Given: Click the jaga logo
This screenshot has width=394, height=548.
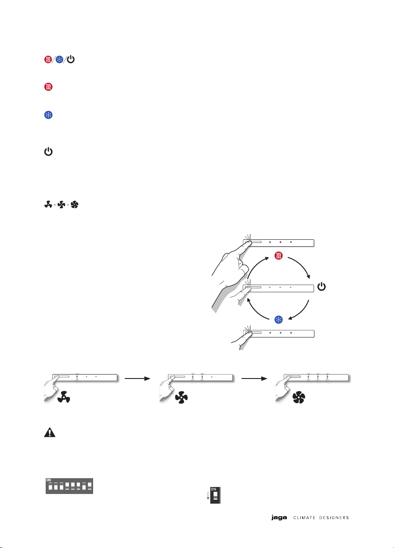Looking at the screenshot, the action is tap(279, 518).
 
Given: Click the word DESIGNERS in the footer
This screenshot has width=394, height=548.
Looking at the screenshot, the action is tap(334, 518).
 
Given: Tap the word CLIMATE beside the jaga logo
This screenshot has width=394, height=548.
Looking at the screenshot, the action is tap(304, 518).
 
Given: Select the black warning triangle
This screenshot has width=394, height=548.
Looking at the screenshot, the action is tap(50, 432).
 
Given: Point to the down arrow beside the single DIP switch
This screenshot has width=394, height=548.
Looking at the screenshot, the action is tap(208, 496).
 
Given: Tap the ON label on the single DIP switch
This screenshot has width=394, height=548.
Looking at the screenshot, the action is tap(213, 489).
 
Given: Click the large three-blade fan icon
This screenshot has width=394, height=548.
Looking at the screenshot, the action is tap(64, 397).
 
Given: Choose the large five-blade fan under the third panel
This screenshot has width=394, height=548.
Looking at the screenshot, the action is tap(299, 397).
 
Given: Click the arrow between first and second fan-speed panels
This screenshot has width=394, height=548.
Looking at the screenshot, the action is tap(137, 379).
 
